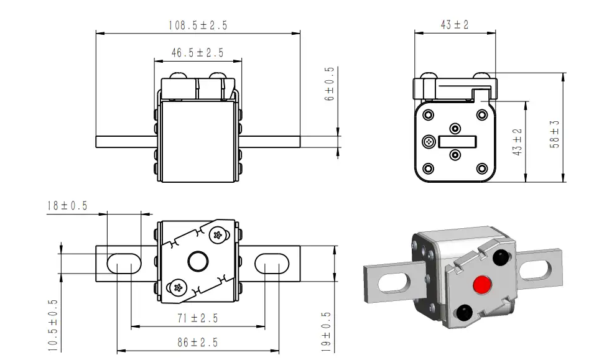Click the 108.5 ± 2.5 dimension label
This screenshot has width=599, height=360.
tap(198, 25)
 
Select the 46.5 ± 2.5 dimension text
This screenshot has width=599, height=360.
tap(198, 53)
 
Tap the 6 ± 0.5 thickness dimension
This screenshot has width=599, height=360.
tap(329, 83)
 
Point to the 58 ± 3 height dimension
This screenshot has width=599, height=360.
tap(554, 134)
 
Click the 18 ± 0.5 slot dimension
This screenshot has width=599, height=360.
tap(67, 206)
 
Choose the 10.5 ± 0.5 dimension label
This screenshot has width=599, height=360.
tap(53, 325)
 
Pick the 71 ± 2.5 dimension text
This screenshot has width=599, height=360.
tap(198, 318)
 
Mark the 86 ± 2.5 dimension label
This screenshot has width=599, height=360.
tap(198, 343)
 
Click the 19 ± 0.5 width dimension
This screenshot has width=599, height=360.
tap(326, 331)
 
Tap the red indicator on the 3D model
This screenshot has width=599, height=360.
tap(482, 284)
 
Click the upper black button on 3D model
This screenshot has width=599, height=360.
tap(500, 257)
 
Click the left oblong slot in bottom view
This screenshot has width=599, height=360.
tap(124, 264)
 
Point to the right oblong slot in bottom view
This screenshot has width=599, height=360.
tap(272, 264)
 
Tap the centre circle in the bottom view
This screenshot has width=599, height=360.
tap(198, 262)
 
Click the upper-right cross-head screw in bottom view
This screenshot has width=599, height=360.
tap(218, 235)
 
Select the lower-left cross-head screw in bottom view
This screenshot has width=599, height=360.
tap(177, 288)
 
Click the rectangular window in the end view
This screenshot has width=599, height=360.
tap(457, 142)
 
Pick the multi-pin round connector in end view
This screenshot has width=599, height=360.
tap(429, 142)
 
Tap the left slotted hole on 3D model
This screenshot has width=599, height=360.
tap(394, 284)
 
